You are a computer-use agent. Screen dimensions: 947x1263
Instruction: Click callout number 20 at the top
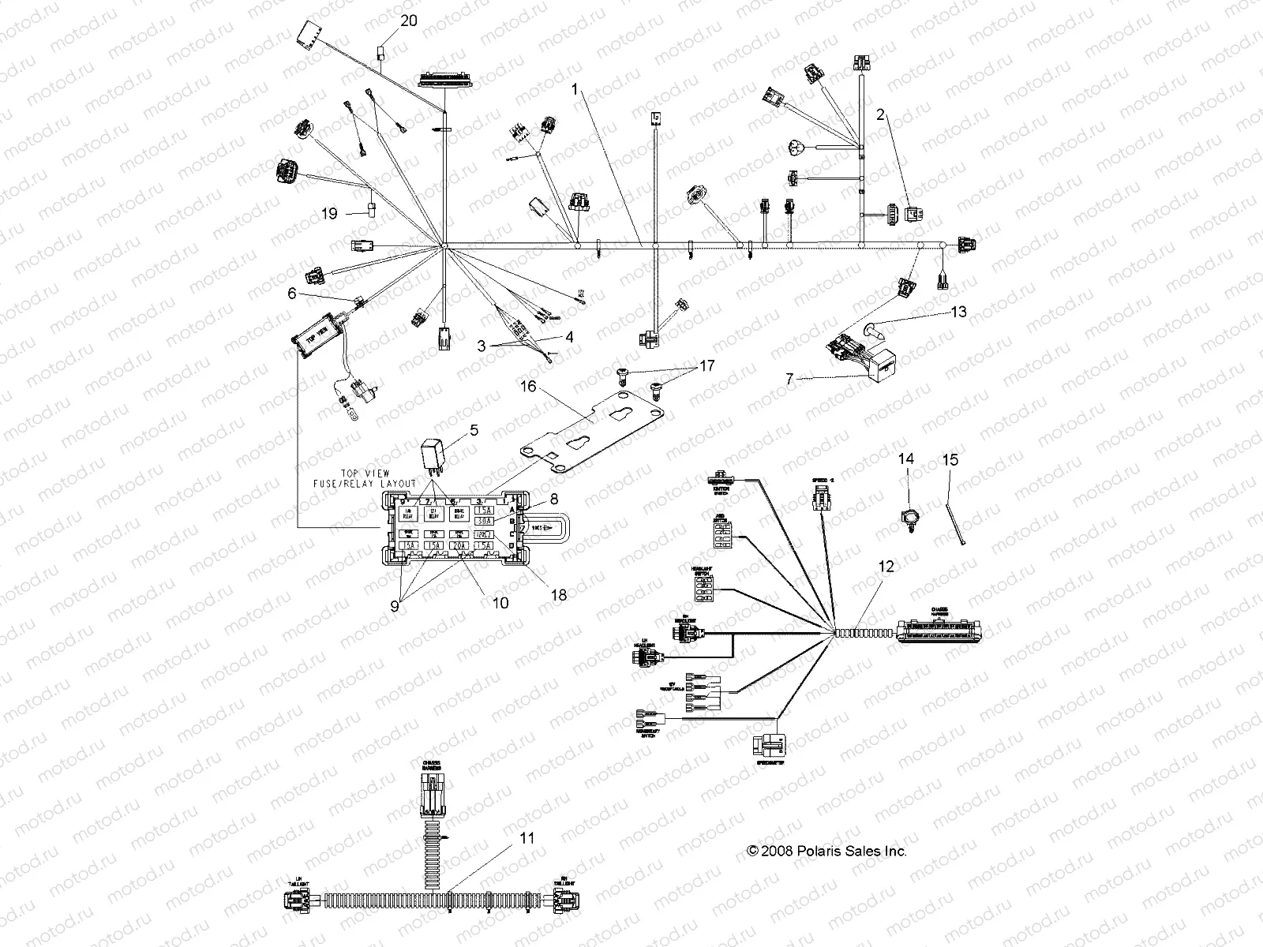(409, 21)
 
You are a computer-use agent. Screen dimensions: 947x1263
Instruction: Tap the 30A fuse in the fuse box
(484, 521)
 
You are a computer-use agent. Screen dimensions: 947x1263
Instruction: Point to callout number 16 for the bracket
(528, 386)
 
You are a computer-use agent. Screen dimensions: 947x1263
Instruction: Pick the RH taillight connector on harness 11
(563, 899)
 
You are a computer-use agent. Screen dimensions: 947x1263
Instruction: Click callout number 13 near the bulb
(958, 313)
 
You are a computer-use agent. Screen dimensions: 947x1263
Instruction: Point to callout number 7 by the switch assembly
(789, 380)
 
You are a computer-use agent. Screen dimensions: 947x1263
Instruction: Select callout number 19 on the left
(330, 213)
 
